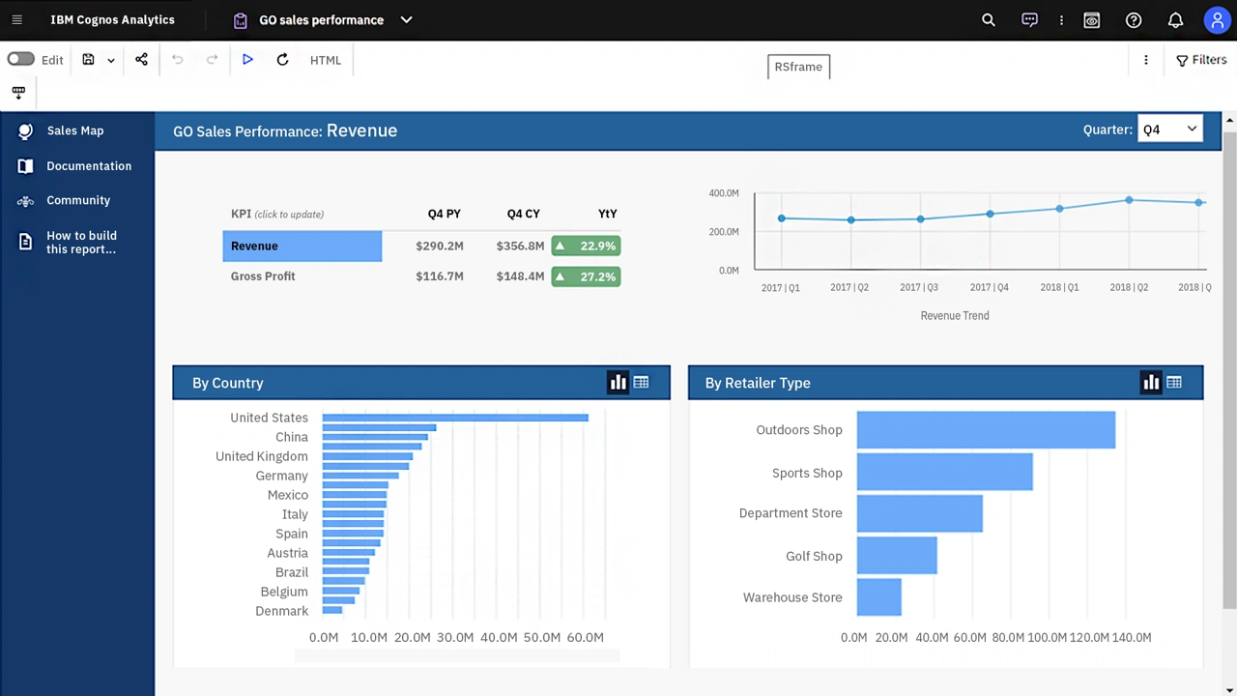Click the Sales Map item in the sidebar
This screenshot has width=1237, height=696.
point(74,130)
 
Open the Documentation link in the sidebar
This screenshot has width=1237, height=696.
point(88,166)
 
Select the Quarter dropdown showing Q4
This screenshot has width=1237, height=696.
point(1169,130)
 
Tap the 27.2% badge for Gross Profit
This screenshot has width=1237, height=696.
point(586,276)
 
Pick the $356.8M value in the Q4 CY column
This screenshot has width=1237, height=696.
point(520,246)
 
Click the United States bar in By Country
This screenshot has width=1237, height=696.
point(454,418)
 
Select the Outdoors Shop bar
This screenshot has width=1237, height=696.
point(986,430)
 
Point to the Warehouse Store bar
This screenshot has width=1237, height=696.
point(878,597)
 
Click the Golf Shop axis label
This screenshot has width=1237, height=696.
point(814,556)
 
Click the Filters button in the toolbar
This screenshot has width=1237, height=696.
point(1201,60)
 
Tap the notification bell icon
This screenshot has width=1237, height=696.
point(1175,20)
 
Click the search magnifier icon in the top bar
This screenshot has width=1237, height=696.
point(988,20)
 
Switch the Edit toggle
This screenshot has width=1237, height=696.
point(20,60)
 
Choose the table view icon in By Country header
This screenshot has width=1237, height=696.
point(641,383)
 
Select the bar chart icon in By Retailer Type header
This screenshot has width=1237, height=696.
point(1150,383)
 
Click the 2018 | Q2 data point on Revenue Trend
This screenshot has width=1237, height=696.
point(1129,200)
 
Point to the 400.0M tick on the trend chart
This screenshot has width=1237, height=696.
point(723,193)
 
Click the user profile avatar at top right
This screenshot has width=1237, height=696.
point(1217,20)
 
